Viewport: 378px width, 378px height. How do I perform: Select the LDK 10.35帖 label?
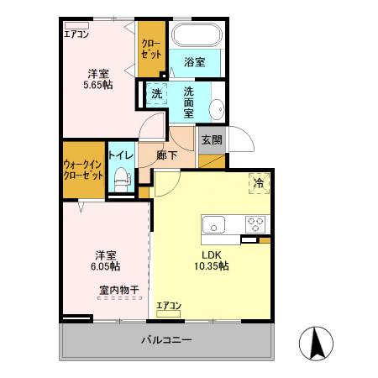pos(213,260)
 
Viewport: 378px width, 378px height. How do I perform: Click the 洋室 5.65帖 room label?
pos(97,79)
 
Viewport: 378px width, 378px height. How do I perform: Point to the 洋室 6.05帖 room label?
pos(105,260)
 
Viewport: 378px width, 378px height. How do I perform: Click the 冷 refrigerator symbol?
pos(258,182)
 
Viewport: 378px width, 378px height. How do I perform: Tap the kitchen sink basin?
pos(213,224)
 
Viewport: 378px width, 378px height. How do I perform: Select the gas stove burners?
pos(255,224)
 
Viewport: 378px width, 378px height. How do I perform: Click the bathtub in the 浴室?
pos(196,36)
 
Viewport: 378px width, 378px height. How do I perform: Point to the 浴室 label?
pos(195,62)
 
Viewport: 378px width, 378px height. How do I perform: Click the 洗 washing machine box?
pos(156,93)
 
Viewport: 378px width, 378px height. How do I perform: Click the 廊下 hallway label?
pos(168,155)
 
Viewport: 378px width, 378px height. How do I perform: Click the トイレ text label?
pos(119,155)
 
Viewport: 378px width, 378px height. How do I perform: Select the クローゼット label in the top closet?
pos(151,48)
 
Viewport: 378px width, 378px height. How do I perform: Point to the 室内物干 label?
pos(118,290)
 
